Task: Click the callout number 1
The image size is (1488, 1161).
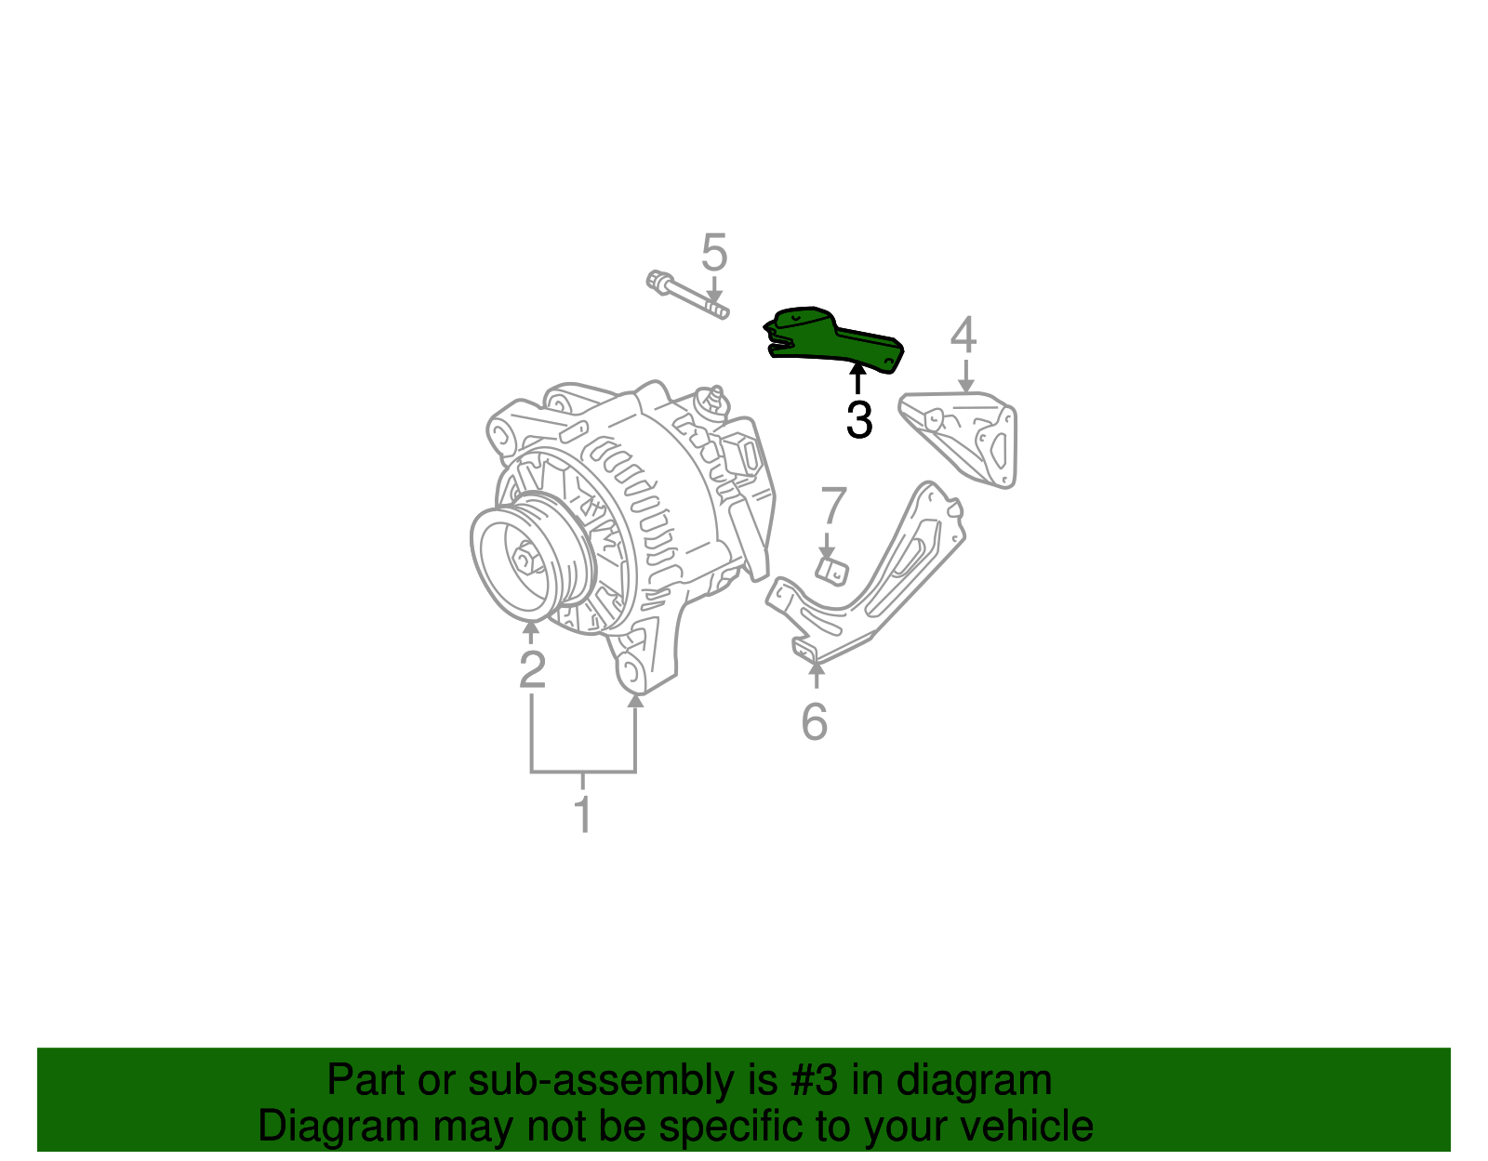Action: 583,815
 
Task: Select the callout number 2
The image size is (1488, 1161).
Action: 532,669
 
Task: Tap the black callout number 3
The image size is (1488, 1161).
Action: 859,420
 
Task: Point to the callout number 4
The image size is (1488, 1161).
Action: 963,336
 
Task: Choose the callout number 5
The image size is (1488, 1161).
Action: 713,252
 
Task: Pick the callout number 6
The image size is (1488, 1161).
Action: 815,722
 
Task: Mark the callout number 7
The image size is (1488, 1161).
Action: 832,507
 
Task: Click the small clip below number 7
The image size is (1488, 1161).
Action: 831,571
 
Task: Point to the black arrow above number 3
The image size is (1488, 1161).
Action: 857,380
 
